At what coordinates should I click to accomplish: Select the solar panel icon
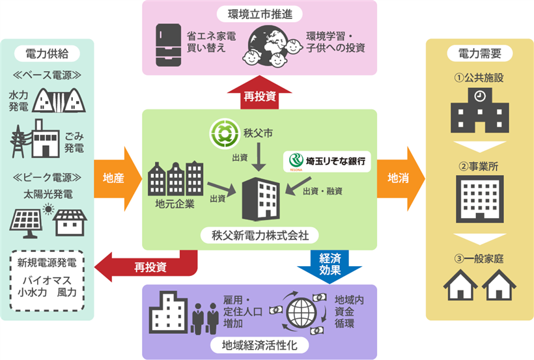(x=27, y=218)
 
